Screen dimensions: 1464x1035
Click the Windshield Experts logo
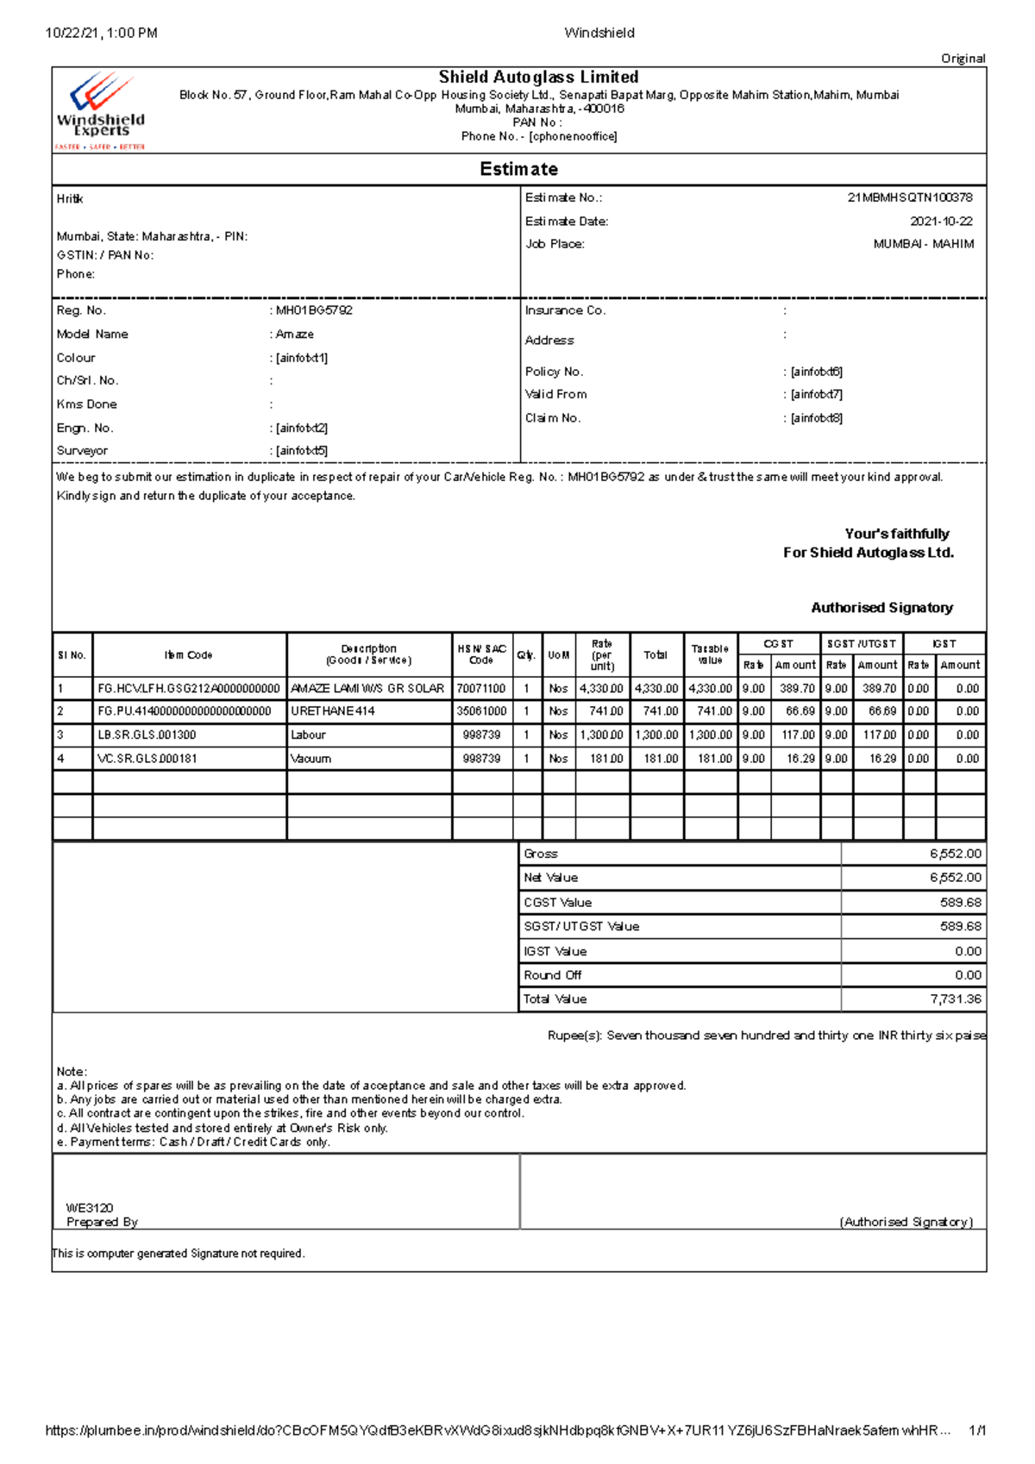coord(99,110)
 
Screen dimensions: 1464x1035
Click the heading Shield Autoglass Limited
coord(538,78)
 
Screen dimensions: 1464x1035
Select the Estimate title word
coord(518,169)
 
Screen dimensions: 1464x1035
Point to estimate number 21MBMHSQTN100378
coord(910,197)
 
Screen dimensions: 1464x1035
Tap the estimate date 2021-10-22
coord(941,222)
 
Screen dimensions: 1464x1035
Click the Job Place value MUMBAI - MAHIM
coord(924,244)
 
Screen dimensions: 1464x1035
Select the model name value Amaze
coord(295,335)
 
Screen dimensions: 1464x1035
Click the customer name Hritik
coord(70,199)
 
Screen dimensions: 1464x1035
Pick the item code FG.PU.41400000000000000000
coord(185,711)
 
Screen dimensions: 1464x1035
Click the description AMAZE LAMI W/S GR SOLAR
coord(367,689)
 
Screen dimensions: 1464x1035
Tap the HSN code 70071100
coord(481,689)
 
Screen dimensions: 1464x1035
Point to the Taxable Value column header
coord(710,654)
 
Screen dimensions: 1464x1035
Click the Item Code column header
coord(188,655)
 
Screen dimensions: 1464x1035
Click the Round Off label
coord(552,975)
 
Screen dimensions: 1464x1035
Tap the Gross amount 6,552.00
coord(955,854)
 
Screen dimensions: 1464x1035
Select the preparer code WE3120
coord(90,1208)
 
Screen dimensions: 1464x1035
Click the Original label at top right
coord(963,59)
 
